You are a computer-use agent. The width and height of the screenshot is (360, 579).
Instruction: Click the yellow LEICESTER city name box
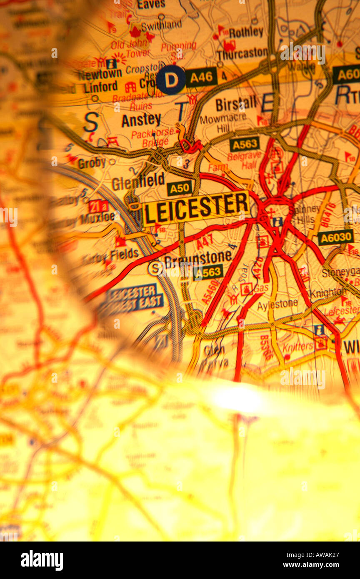pos(196,207)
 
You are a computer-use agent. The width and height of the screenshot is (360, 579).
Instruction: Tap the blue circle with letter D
pos(171,79)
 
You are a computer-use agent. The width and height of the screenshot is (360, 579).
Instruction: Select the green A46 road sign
pos(201,77)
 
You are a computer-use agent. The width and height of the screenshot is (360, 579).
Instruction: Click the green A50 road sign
pos(180,188)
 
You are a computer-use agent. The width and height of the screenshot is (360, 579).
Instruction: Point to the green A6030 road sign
pos(335,237)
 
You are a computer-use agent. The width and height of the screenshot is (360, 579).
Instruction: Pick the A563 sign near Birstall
pos(244,144)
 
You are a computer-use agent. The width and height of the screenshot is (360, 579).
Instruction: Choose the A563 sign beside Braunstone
pos(208,272)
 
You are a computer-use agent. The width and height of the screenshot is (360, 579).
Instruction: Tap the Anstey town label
pos(141,120)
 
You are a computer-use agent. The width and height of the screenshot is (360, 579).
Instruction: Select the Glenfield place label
pos(138,182)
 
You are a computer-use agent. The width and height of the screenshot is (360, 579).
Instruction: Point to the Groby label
pos(92,163)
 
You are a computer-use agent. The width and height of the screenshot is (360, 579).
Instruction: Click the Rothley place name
pos(246,32)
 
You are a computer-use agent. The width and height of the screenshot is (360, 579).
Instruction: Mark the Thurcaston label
pos(242,53)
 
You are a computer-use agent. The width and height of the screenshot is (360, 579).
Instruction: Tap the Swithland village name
pos(161,25)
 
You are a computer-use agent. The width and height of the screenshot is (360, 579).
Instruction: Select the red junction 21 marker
pos(98,206)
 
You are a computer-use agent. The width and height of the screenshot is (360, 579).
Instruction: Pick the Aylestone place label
pos(277,304)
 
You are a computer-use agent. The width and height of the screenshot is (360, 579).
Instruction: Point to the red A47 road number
pos(205,241)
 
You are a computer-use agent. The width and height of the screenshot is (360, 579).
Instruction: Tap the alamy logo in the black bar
pos(42,560)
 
